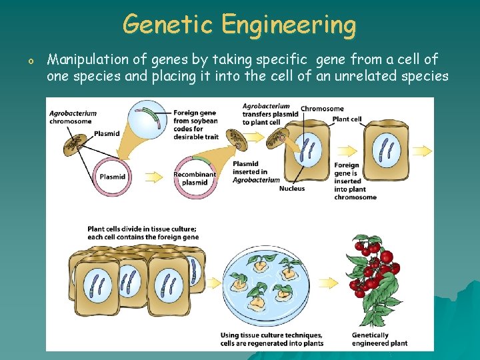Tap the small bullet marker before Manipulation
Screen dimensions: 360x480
coord(30,62)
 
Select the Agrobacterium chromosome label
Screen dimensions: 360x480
coord(73,117)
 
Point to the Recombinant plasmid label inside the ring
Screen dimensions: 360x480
coord(195,179)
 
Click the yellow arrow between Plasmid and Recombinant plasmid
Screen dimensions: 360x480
coord(153,177)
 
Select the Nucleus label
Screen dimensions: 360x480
coord(292,189)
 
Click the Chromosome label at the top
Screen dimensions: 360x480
coord(322,109)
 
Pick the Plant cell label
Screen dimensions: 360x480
coord(347,119)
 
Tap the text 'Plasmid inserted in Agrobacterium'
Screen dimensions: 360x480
coord(256,171)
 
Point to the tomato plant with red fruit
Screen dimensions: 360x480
coord(373,267)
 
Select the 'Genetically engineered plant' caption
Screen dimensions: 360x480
coord(379,339)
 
